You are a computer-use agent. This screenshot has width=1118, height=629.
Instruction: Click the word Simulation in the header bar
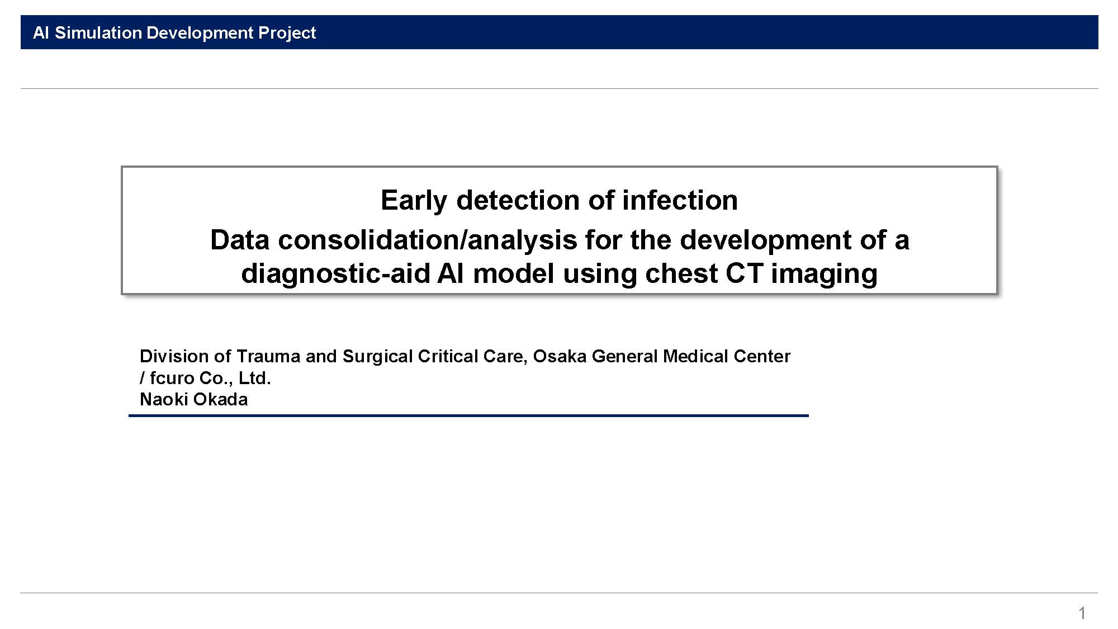click(98, 32)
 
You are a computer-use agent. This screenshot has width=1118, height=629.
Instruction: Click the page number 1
click(1082, 613)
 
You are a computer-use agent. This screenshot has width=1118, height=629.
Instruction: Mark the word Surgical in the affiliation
click(378, 357)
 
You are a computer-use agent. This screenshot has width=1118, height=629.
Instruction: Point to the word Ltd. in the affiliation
click(254, 378)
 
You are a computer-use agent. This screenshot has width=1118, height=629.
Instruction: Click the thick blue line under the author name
click(468, 415)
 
